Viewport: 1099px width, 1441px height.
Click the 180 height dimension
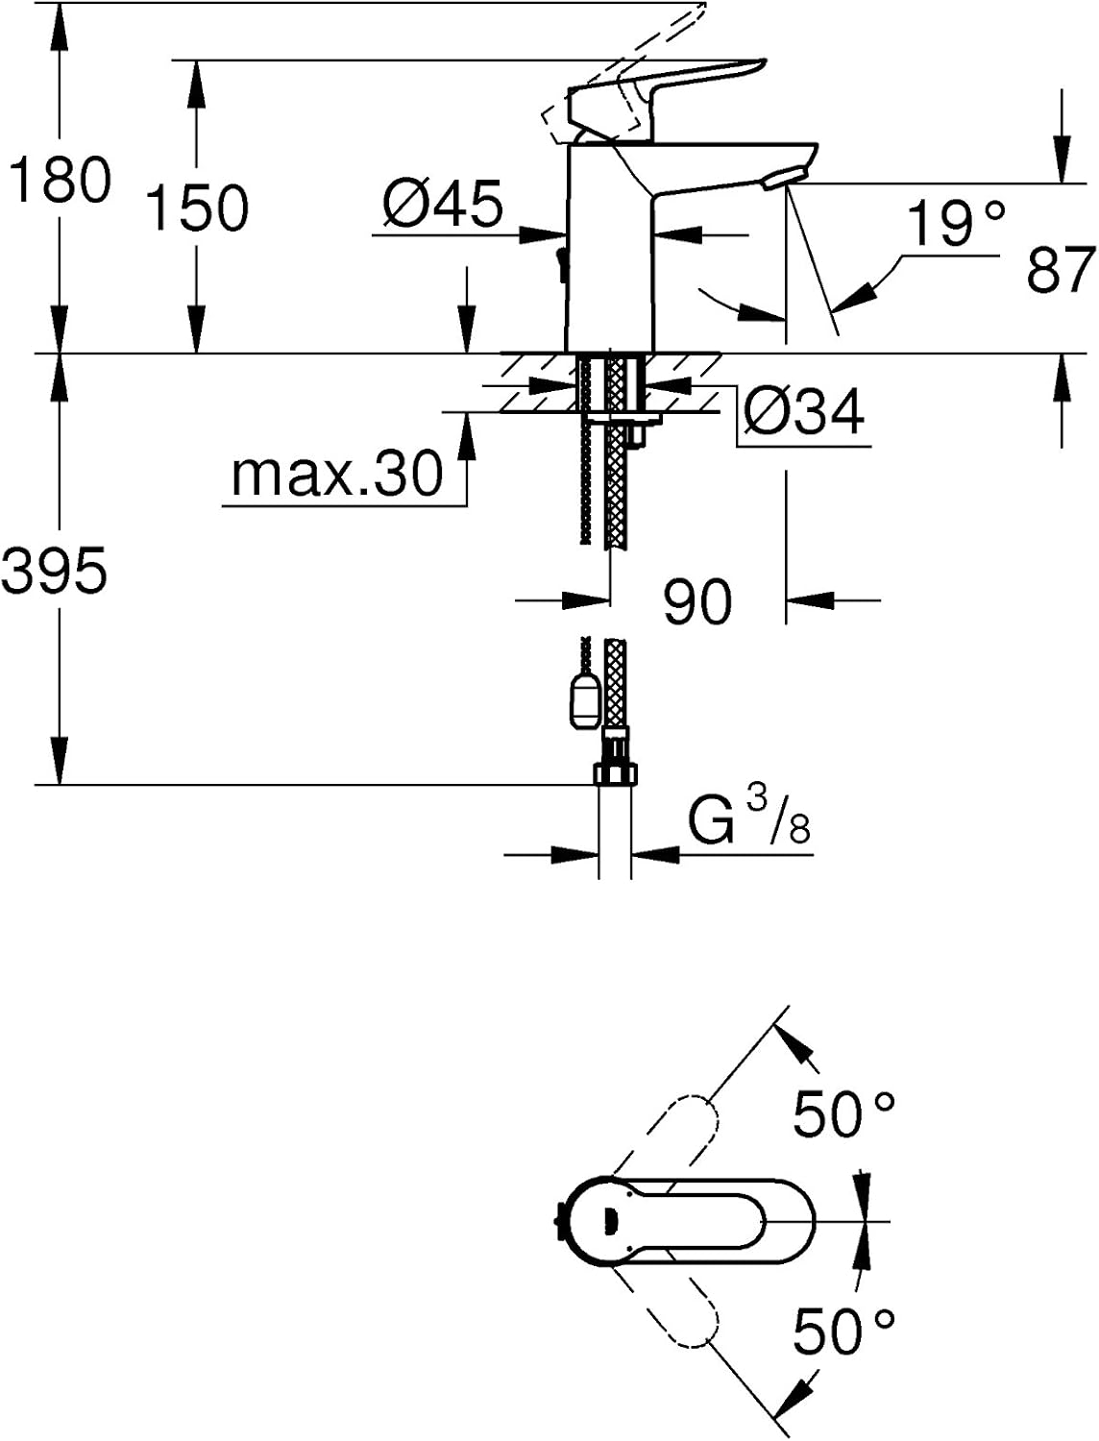[61, 180]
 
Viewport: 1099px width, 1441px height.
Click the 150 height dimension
[198, 208]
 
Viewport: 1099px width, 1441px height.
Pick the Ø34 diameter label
[803, 411]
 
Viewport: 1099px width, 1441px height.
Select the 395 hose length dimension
[54, 570]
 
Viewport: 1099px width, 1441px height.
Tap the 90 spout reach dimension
[696, 600]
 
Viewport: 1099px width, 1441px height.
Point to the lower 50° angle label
[843, 1331]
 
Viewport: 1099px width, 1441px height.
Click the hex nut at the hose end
[616, 772]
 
